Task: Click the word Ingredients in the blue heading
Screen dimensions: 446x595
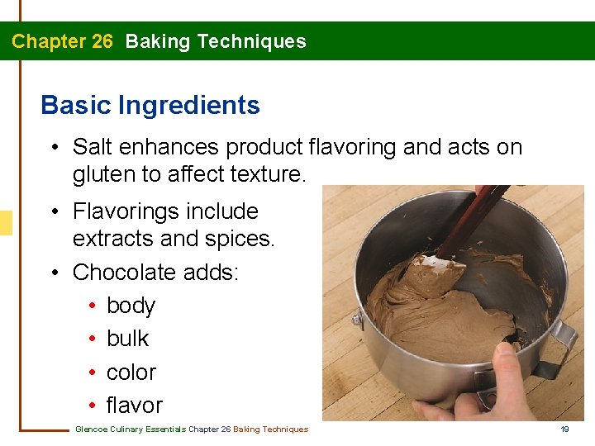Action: tap(189, 106)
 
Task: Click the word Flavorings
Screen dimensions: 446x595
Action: tap(124, 211)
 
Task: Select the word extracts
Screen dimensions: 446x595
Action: tap(110, 239)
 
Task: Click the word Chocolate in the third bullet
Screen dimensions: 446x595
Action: tap(126, 272)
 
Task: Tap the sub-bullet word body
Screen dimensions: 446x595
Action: tap(131, 306)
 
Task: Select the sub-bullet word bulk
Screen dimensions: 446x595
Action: tap(127, 339)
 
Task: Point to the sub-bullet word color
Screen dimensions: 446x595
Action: tap(131, 372)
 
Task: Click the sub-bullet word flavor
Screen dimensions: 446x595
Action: tap(134, 406)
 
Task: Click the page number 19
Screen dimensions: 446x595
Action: tap(565, 429)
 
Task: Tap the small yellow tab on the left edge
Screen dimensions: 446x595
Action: tap(6, 223)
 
